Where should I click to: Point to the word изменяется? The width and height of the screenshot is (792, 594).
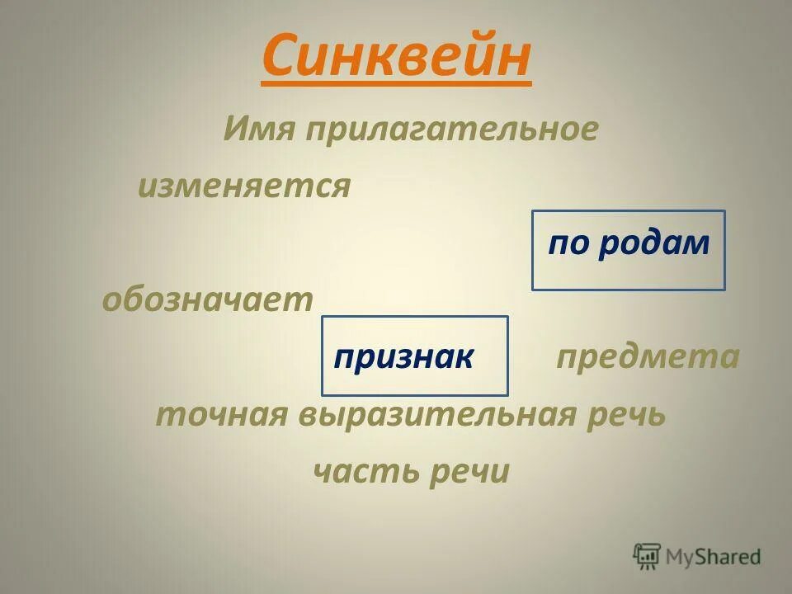pos(244,186)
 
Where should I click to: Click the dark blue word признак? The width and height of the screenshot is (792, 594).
pos(404,357)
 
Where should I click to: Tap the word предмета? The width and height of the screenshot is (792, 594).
pos(648,357)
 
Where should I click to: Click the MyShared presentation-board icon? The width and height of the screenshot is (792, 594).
pos(647,556)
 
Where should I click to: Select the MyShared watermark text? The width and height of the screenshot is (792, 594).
pos(714,557)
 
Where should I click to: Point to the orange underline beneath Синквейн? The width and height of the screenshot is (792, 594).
pos(396,82)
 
